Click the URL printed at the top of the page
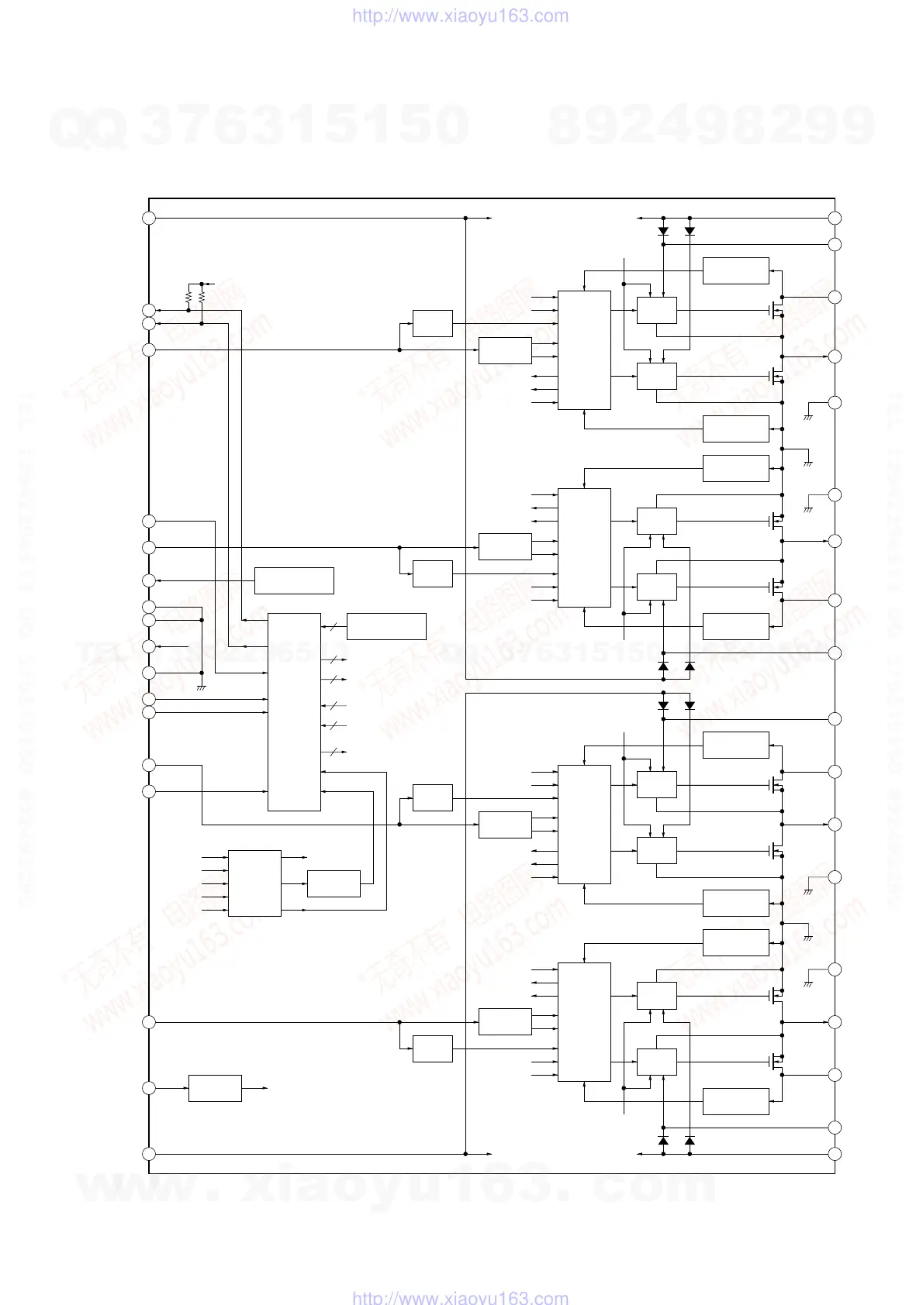[x=461, y=16]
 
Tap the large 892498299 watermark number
[x=711, y=126]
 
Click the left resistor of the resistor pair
[x=188, y=297]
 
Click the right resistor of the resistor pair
[x=202, y=297]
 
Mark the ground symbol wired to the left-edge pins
[x=202, y=687]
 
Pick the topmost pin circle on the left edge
[x=149, y=218]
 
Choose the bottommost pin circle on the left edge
[x=149, y=1154]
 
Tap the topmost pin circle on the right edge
[x=835, y=218]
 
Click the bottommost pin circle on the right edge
[x=835, y=1154]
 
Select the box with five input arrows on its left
[x=254, y=883]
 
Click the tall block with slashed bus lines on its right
[x=294, y=711]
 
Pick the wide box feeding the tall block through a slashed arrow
[x=386, y=626]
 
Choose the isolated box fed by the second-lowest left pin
[x=215, y=1088]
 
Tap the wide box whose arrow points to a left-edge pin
[x=294, y=580]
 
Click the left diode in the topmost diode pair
[x=663, y=231]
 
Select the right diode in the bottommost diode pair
[x=690, y=1141]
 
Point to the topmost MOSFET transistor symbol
[x=776, y=310]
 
